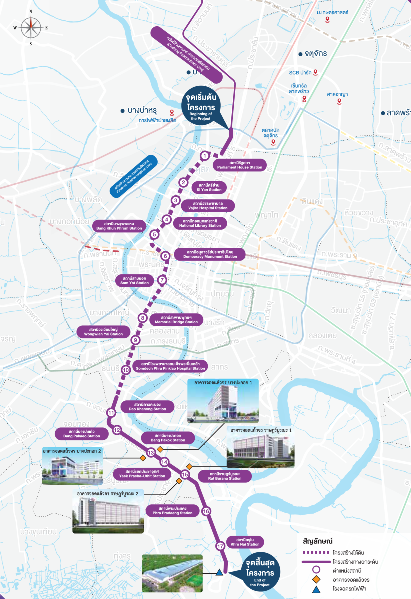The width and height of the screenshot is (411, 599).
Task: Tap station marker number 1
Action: click(204, 156)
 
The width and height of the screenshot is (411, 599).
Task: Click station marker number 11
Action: click(111, 413)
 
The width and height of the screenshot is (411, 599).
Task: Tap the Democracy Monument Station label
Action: click(210, 254)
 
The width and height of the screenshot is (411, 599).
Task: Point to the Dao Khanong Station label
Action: click(147, 406)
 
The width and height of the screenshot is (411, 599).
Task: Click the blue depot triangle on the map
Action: click(219, 573)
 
